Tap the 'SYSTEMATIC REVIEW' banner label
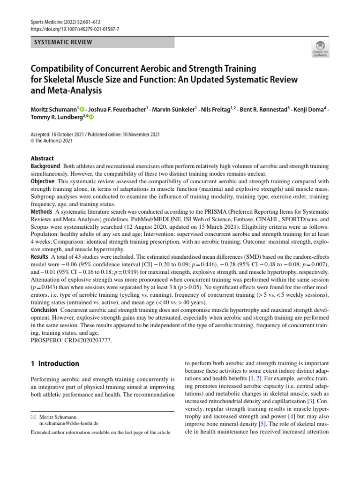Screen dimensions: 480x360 click(x=63, y=43)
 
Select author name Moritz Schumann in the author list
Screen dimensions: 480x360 click(x=51, y=110)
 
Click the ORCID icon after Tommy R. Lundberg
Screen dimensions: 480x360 click(x=91, y=117)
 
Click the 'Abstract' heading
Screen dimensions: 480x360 click(x=42, y=158)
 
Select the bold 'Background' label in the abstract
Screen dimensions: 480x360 click(x=45, y=166)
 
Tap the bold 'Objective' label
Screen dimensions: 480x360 click(x=43, y=181)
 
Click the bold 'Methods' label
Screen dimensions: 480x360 click(x=42, y=211)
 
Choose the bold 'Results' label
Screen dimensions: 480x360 click(x=40, y=257)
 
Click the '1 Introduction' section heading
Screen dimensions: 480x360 click(x=55, y=363)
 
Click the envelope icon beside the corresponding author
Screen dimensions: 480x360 click(x=33, y=417)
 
